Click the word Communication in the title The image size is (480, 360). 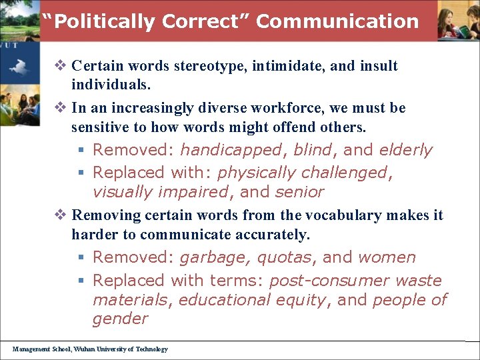coord(337,21)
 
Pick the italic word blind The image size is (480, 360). coord(313,150)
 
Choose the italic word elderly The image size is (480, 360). coord(406,150)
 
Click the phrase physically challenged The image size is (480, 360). coord(303,173)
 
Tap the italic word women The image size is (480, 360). coord(387,257)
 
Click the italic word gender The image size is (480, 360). coord(120,319)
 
